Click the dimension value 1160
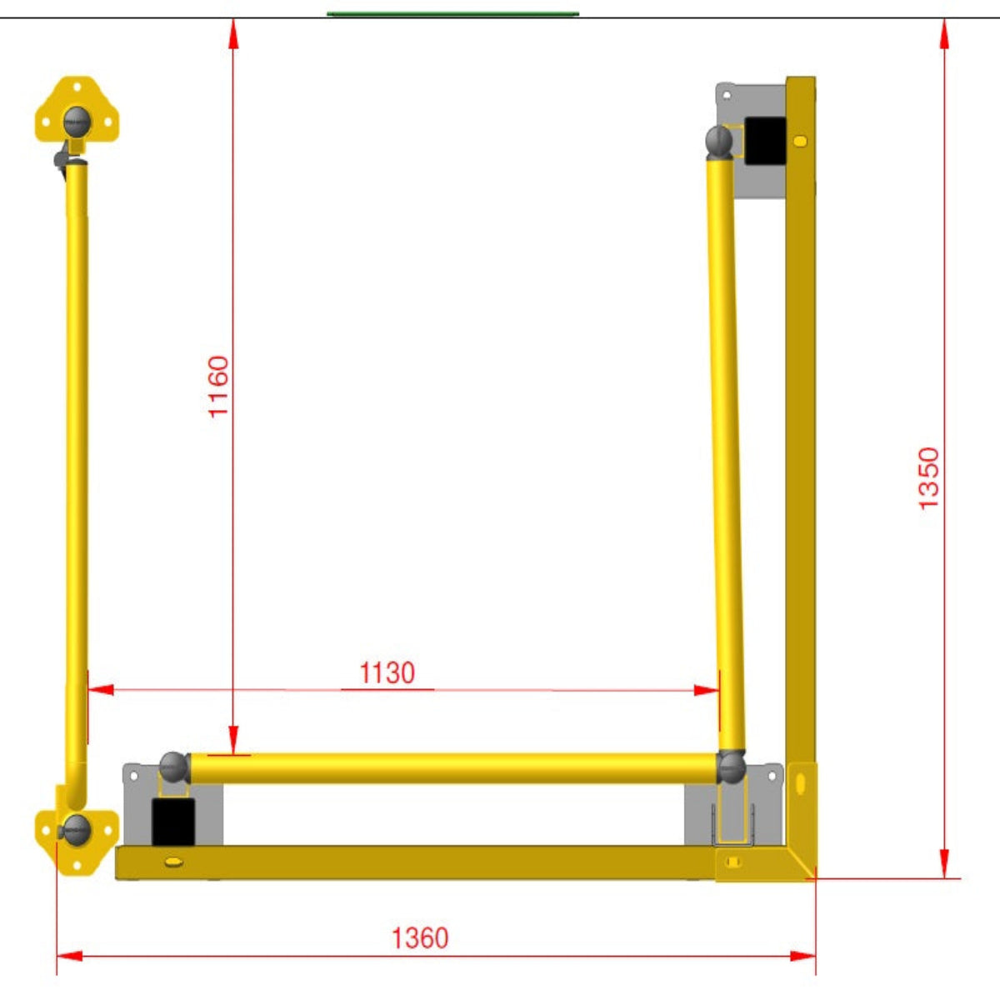(218, 386)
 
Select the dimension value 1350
(928, 478)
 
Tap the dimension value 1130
(387, 673)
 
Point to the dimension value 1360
(420, 937)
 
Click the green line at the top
(453, 14)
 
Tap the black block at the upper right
(765, 141)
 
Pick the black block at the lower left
(172, 822)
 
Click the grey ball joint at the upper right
(719, 141)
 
